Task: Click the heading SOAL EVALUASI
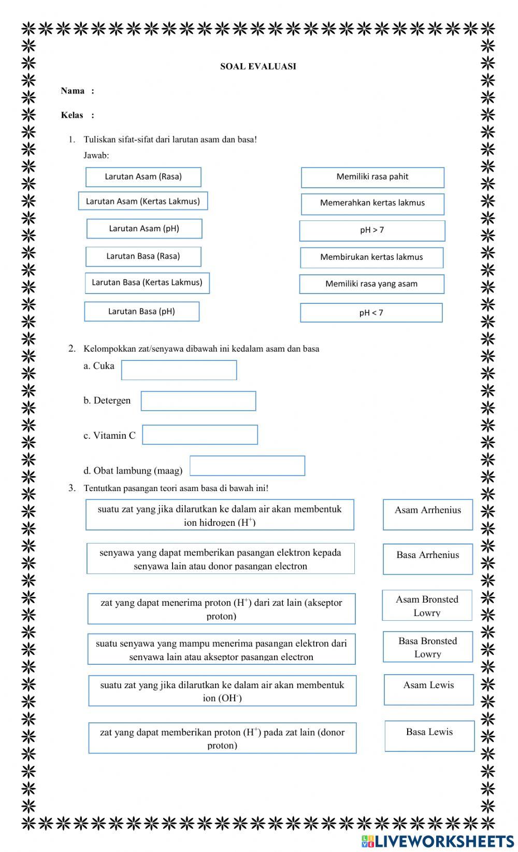258,66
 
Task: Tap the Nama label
73,91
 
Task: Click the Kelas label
72,115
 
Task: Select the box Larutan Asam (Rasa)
143,177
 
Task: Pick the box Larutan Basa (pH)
141,312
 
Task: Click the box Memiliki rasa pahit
372,177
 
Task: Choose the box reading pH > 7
372,231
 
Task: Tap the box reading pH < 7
371,313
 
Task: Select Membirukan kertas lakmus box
371,257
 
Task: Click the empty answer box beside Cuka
179,370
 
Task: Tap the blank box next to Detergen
198,401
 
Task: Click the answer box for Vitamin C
200,435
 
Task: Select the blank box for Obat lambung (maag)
247,466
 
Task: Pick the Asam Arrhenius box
428,514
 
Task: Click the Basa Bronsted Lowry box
428,647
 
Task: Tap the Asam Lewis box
429,689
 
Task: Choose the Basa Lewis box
429,736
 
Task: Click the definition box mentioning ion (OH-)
222,691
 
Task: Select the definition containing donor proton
222,738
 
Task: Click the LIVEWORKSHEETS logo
438,841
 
